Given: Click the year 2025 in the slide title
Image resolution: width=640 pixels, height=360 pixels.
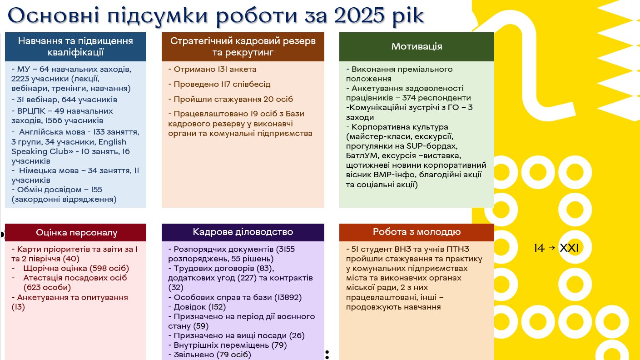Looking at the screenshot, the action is click(359, 15).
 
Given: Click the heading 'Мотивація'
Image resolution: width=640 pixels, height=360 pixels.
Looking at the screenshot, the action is click(417, 46).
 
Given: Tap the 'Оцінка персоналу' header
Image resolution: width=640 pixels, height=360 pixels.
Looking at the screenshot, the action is click(77, 232).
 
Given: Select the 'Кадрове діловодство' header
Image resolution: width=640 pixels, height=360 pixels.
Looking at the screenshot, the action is click(243, 232).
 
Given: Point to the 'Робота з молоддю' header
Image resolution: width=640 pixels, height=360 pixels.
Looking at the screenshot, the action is click(417, 232).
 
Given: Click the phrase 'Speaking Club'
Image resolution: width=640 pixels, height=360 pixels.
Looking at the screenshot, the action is click(42, 151).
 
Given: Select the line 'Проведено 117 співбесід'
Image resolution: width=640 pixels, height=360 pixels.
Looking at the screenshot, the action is click(219, 84).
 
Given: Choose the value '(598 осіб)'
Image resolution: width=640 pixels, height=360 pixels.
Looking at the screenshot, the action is click(109, 269).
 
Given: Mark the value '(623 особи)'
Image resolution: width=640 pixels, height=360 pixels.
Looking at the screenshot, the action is click(47, 287).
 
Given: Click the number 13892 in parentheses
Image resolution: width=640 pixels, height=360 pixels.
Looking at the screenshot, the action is click(288, 297).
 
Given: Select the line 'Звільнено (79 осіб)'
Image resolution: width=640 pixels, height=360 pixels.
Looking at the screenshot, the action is click(209, 355).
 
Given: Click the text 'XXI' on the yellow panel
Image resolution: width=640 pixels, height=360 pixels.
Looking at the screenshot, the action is click(569, 248).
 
